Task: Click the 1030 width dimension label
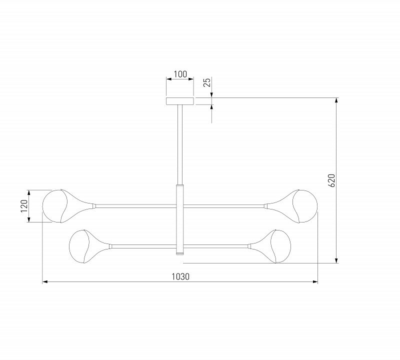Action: coord(180,276)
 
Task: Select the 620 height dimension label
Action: coord(332,180)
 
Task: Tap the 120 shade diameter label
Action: coord(24,206)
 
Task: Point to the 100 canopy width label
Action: coord(180,74)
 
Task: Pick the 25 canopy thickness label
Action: coord(207,82)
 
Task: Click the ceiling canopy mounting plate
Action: coord(180,101)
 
